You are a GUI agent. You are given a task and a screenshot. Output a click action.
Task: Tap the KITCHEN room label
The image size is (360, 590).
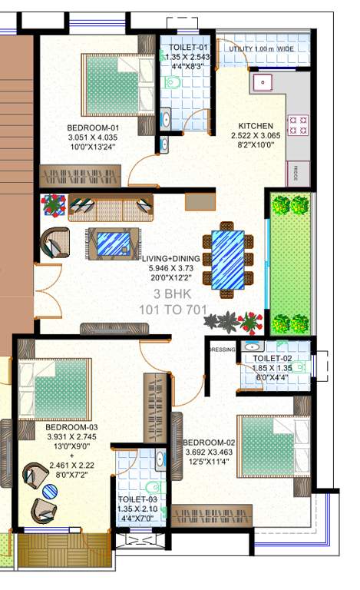coord(256,126)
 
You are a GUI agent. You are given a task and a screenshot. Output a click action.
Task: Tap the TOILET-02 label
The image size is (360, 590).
coord(272,358)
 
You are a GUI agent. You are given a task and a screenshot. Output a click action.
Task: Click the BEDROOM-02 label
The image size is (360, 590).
coord(211,442)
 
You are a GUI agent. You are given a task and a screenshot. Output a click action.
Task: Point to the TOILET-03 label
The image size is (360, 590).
coord(137,499)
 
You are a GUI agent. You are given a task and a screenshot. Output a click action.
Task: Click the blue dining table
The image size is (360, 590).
coord(227,259)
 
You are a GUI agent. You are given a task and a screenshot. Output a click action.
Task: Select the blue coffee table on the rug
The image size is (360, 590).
coord(114,244)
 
